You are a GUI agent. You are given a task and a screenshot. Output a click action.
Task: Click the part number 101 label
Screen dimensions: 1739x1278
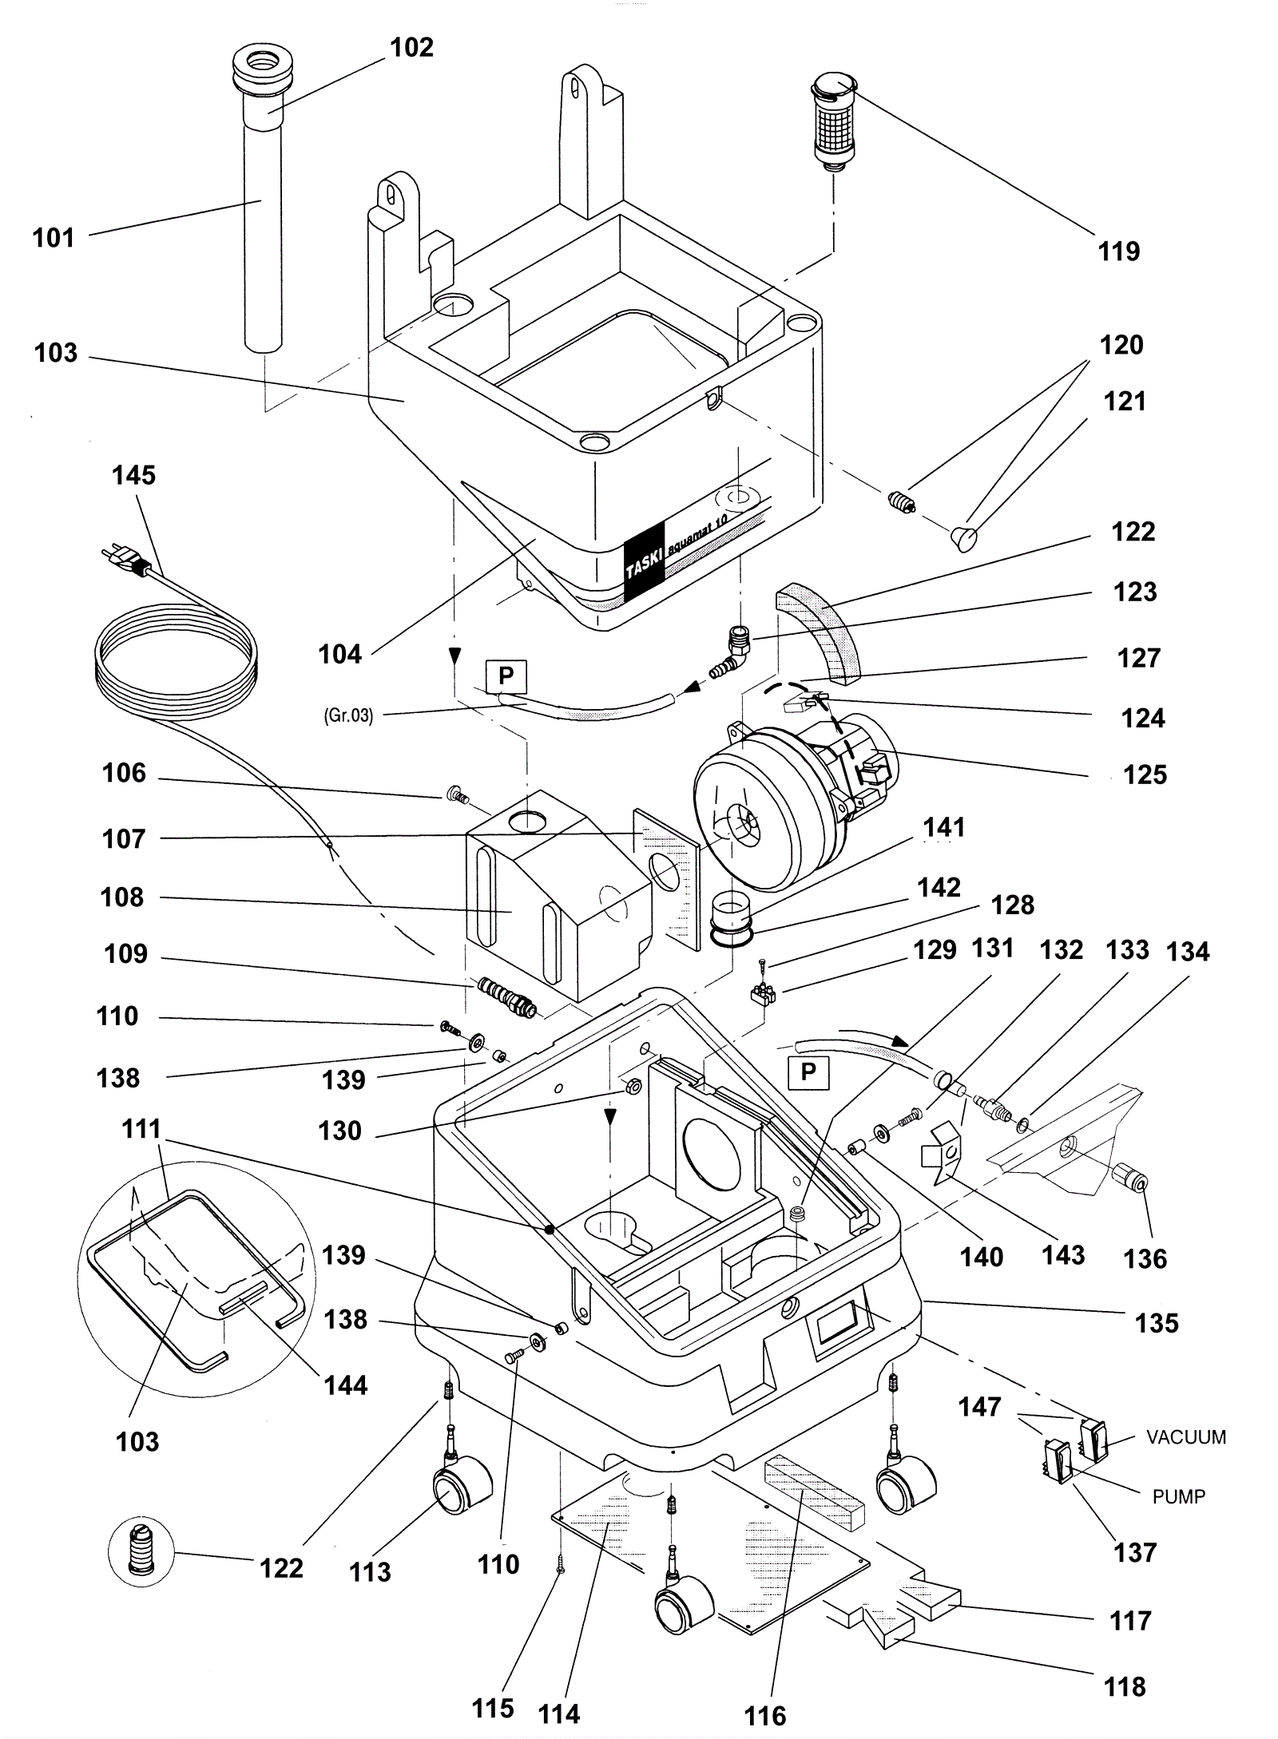pyautogui.click(x=53, y=237)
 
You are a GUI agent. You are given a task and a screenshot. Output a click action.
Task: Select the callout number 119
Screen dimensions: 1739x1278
pyautogui.click(x=1118, y=252)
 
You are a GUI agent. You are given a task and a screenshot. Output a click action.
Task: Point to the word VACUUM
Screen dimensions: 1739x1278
pyautogui.click(x=1185, y=1437)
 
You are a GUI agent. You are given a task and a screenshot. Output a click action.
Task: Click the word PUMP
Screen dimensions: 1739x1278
pyautogui.click(x=1178, y=1496)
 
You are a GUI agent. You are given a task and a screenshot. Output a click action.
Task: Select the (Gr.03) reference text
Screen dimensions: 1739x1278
pyautogui.click(x=348, y=715)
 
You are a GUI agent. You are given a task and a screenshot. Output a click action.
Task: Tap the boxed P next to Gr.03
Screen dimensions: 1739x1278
pyautogui.click(x=506, y=676)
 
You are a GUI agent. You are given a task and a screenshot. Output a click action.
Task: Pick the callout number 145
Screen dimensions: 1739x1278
pyautogui.click(x=133, y=475)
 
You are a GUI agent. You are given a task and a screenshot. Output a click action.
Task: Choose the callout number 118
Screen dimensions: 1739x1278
pyautogui.click(x=1125, y=1687)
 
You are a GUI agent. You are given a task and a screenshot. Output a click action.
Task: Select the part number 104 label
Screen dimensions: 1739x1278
pyautogui.click(x=340, y=654)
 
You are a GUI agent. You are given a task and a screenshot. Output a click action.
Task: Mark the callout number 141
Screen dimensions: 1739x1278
pyautogui.click(x=944, y=827)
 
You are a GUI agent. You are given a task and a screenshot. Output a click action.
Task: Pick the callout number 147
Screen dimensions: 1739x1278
pyautogui.click(x=980, y=1406)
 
